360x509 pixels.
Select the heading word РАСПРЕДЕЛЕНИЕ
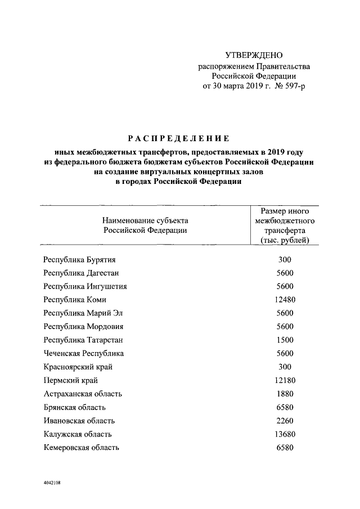(x=177, y=138)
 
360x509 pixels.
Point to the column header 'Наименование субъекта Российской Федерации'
(x=145, y=225)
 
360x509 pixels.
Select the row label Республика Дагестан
(x=81, y=273)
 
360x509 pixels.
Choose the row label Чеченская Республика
(x=83, y=353)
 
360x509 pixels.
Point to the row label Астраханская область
(x=83, y=394)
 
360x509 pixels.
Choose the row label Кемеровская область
(x=81, y=448)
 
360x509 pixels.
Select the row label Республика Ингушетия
(x=84, y=286)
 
